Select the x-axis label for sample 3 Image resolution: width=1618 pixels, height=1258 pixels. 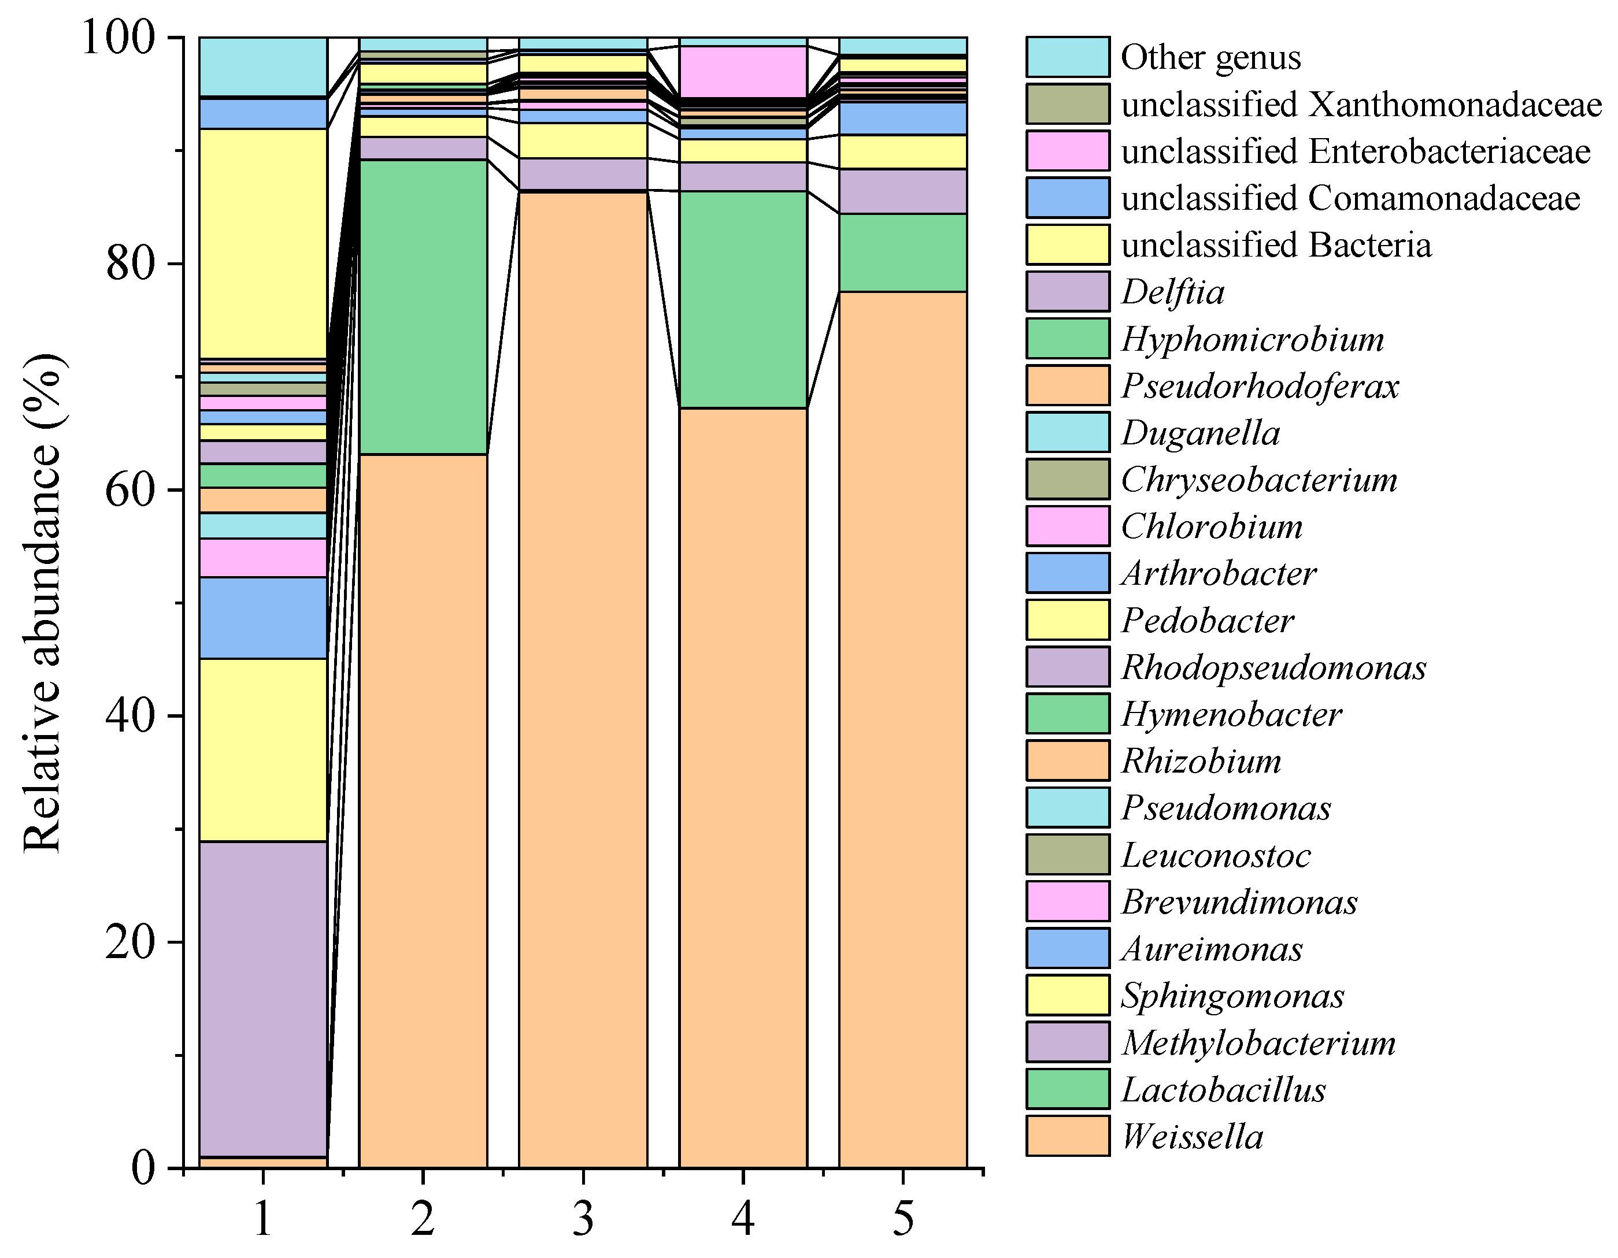pos(583,1219)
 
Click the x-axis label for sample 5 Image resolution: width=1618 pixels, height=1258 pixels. pos(902,1219)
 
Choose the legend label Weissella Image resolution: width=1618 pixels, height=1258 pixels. pos(1192,1137)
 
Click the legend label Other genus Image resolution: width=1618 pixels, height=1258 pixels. pos(1210,58)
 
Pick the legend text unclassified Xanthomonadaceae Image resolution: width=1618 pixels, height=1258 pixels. pos(1361,105)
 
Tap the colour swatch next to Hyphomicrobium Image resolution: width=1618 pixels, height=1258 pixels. pos(1068,339)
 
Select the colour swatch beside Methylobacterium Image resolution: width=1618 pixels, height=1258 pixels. pos(1068,1042)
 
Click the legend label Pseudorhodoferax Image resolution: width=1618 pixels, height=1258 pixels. pos(1260,386)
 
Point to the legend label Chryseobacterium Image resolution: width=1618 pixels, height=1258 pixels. pos(1258,480)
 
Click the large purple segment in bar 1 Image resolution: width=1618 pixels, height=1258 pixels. pos(263,998)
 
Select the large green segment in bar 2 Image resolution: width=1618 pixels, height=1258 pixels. pos(423,306)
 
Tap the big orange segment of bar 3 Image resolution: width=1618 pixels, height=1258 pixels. pos(583,680)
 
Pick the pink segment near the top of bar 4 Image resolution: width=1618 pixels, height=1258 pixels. pos(743,71)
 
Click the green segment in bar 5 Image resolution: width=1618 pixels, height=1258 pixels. pos(902,253)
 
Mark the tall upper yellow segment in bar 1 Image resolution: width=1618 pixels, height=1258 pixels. pos(263,243)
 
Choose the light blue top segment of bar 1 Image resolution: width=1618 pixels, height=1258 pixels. pos(263,66)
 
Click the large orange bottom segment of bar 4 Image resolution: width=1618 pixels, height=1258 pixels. pos(743,788)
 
